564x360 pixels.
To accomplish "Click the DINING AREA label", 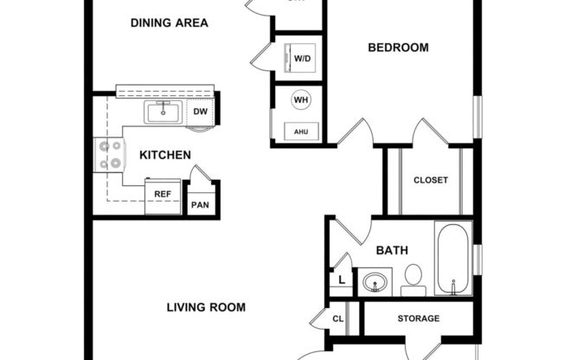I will (x=169, y=22).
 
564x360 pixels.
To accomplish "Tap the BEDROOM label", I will (x=398, y=48).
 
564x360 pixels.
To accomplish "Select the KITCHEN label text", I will (x=164, y=155).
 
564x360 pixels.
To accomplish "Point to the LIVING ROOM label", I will (x=206, y=307).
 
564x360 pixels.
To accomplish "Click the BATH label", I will (x=391, y=251).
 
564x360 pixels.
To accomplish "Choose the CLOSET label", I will (x=430, y=180).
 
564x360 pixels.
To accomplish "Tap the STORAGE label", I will (x=418, y=318).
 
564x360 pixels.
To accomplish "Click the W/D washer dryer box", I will (x=302, y=59).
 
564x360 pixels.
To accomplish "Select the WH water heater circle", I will (x=301, y=100).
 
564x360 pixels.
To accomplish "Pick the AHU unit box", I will (x=301, y=131).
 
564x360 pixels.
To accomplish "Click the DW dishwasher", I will (x=200, y=112).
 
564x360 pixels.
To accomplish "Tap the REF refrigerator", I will (x=162, y=195).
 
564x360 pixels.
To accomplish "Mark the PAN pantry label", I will (x=200, y=205).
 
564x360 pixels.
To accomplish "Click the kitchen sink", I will (x=162, y=112).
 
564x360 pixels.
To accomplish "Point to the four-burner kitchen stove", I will (x=109, y=155).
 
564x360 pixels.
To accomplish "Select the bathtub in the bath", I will (x=453, y=258).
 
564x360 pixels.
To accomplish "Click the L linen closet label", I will (x=342, y=280).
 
